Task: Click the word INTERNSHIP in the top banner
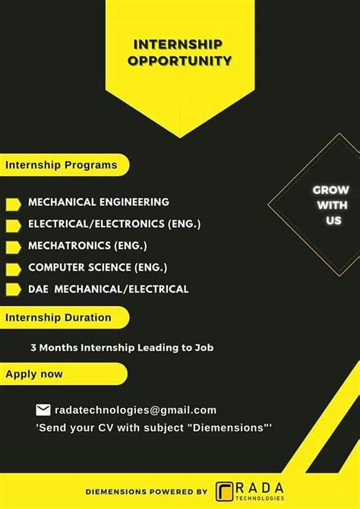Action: (179, 43)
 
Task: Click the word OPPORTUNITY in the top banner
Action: (179, 60)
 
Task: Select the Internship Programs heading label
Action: (62, 165)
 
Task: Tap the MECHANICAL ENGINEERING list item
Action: (99, 202)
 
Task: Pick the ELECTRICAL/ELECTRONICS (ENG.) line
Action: (114, 224)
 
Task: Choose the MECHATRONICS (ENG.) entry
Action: (87, 245)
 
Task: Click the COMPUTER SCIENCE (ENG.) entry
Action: (97, 267)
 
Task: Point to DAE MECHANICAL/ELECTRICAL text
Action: (108, 289)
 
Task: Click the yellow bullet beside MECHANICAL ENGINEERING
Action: (13, 204)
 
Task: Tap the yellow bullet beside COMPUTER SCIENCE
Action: (13, 268)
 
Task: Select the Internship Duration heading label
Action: (58, 318)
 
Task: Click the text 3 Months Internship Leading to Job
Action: (122, 348)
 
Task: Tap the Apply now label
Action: (34, 374)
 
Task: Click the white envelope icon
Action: (43, 410)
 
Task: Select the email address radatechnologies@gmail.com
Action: (135, 410)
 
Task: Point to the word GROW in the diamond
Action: (330, 189)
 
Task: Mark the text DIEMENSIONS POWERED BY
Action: (146, 492)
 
